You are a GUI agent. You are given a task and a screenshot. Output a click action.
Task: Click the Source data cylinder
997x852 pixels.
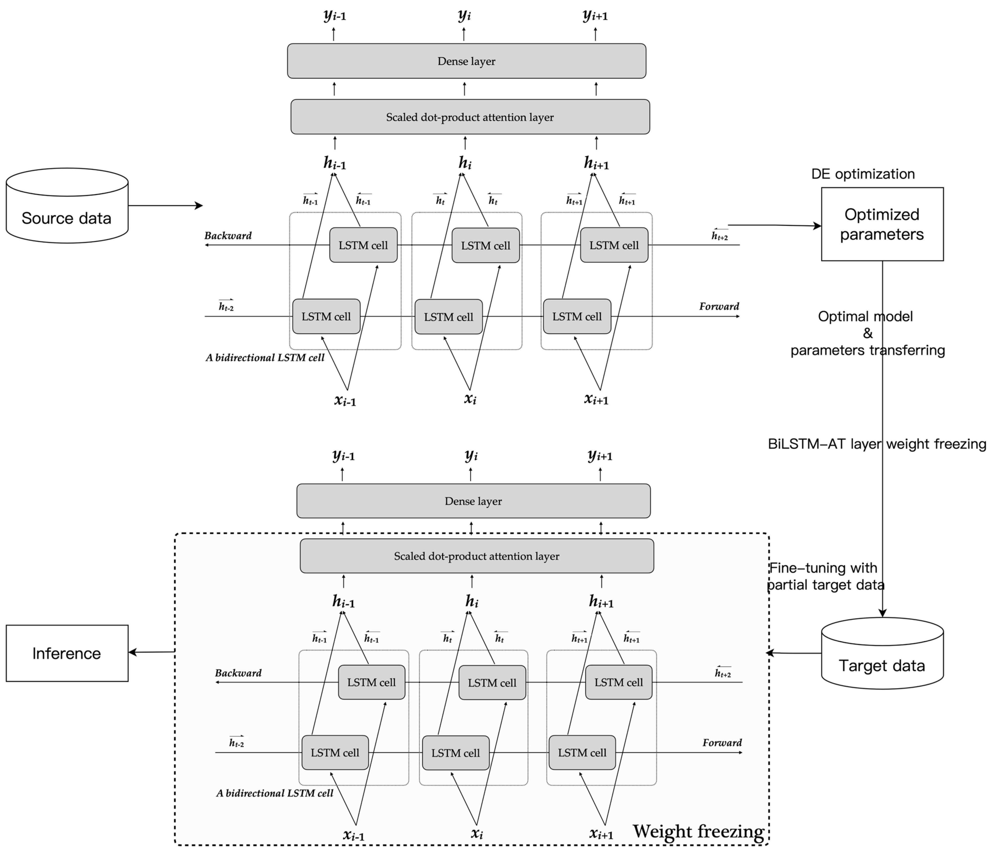coord(67,206)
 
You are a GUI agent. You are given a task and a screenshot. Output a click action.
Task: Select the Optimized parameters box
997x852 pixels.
coord(882,224)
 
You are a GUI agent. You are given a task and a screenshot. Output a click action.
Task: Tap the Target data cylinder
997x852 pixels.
coord(882,653)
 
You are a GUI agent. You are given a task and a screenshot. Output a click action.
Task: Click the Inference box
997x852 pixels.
coord(67,653)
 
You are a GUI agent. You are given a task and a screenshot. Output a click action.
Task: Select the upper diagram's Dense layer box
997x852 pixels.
coord(466,61)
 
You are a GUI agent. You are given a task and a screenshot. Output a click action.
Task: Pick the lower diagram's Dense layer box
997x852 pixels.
coord(474,501)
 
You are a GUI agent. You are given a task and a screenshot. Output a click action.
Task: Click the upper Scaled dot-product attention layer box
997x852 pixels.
coord(470,117)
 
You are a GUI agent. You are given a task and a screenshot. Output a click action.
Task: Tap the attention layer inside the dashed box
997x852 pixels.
coord(477,556)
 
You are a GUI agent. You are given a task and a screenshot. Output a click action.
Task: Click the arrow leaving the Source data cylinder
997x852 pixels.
coord(166,206)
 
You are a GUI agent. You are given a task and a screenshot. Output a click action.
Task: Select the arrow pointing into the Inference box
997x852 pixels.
coord(152,652)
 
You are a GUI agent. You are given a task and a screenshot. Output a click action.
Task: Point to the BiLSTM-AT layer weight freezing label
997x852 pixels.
coord(877,444)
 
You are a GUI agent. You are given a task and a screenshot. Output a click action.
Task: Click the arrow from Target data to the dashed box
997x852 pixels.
coord(794,653)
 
